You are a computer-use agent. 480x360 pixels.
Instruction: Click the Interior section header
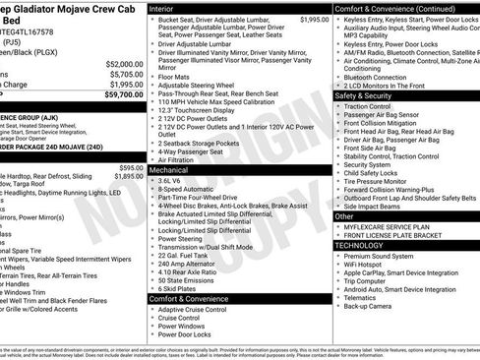tap(164, 8)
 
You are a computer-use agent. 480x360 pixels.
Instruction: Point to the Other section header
tap(345, 215)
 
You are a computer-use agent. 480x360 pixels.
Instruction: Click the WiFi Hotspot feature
tap(369, 265)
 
